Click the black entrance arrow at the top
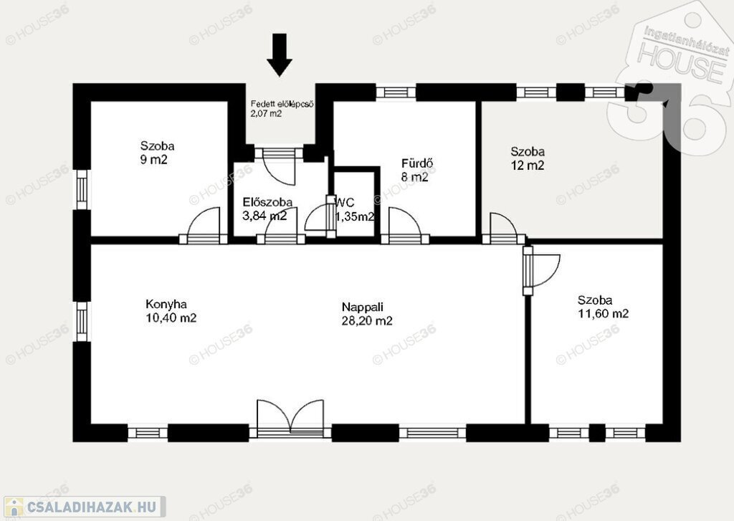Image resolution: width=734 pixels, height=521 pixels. pos(280,54)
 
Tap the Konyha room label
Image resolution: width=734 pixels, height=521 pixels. pos(171,311)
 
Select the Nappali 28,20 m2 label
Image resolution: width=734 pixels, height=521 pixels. pos(367,314)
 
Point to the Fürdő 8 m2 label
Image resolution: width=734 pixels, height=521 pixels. pos(417,171)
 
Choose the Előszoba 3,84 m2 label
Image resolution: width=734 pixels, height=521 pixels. pos(267,209)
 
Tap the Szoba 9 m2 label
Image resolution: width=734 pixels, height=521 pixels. pos(157,153)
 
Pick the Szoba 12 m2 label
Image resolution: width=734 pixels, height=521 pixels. pos(528,158)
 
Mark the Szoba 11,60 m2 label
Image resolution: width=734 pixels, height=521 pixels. pos(603,307)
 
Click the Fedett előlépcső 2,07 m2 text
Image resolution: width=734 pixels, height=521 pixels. pos(282,109)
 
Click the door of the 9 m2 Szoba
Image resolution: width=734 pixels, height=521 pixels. pos(204,226)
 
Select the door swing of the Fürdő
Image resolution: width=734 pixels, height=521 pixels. pos(405,226)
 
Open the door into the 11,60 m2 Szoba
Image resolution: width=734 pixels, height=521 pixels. pos(541,271)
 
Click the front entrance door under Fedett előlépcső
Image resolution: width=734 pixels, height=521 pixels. pos(279,165)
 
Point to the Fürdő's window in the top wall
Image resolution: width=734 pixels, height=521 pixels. pos(396,92)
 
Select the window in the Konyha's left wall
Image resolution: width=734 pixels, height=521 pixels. pos(82,322)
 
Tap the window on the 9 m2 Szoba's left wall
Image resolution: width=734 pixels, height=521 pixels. pos(82,189)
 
